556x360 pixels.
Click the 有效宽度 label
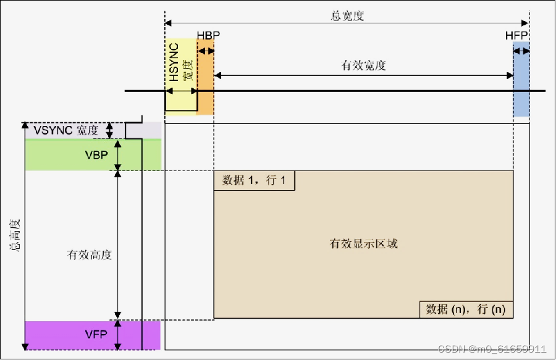(364, 65)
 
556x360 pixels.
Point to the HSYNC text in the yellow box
(174, 62)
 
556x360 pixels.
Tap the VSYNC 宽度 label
(66, 130)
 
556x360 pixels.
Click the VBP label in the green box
(97, 154)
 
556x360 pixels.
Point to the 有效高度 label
(90, 254)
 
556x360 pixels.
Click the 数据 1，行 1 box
(254, 180)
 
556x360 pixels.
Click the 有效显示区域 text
(364, 243)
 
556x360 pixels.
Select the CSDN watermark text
(492, 349)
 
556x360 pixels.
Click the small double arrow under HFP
(521, 51)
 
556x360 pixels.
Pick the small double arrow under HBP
(205, 51)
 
